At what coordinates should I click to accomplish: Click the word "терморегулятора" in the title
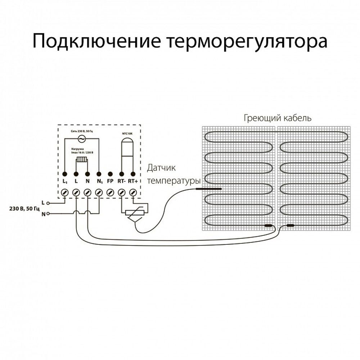pos(247,41)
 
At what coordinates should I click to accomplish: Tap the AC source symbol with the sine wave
pos(81,138)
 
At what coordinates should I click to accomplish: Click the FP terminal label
pos(110,181)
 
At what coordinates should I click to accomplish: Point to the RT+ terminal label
pos(133,181)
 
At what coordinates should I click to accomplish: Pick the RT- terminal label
pos(121,181)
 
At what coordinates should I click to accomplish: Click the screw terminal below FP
pos(111,193)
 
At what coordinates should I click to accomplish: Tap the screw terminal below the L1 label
pos(65,193)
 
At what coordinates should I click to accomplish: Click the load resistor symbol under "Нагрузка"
pos(82,160)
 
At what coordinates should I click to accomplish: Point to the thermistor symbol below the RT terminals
pos(134,212)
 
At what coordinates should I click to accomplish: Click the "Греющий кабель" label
pos(277,118)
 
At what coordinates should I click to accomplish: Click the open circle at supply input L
pos(48,203)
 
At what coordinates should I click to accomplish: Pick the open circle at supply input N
pos(48,213)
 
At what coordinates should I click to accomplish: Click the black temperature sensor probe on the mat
pos(208,189)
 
